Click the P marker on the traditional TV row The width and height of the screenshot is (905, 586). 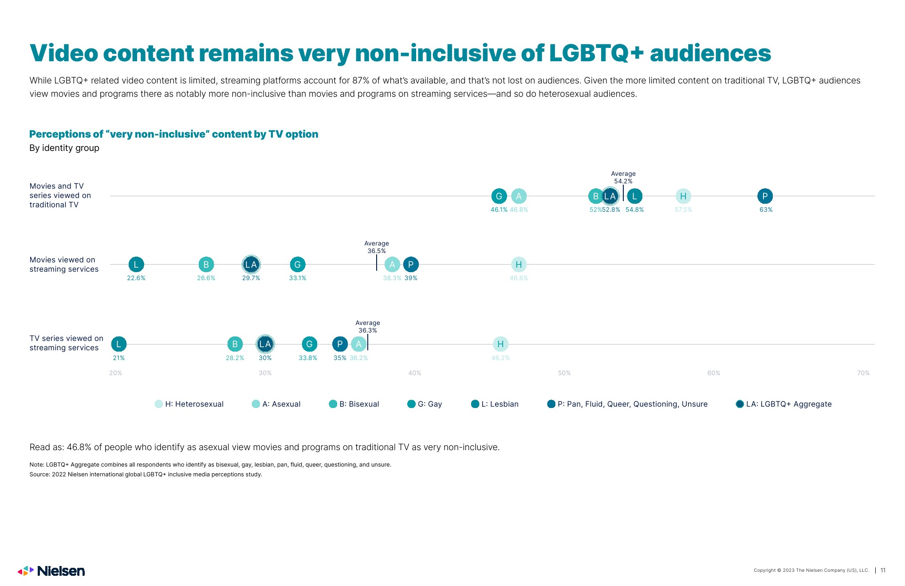coord(765,196)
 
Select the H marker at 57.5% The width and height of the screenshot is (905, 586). coord(683,196)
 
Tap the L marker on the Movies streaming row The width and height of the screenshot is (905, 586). coord(136,265)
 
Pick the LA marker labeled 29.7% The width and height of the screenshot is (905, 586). coord(251,265)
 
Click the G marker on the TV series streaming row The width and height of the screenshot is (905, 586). coord(309,344)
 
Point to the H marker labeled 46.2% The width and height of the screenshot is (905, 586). coord(500,344)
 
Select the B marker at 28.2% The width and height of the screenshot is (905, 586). coord(235,344)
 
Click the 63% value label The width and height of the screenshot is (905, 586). coord(766,210)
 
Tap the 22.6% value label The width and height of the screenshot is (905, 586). coord(136,278)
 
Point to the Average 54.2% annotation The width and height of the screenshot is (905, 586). coord(623,178)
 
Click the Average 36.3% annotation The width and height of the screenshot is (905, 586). coord(368,327)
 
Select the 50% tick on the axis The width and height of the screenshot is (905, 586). coord(564,373)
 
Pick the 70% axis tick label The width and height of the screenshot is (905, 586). coord(863,373)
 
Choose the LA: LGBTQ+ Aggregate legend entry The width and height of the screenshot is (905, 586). coord(783,404)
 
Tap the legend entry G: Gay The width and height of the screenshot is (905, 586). coord(425,404)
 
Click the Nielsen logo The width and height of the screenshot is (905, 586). coord(51,571)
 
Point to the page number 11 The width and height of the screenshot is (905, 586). coord(883,570)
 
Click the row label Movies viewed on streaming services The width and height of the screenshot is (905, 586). coord(64,265)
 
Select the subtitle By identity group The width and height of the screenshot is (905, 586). coord(64,148)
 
